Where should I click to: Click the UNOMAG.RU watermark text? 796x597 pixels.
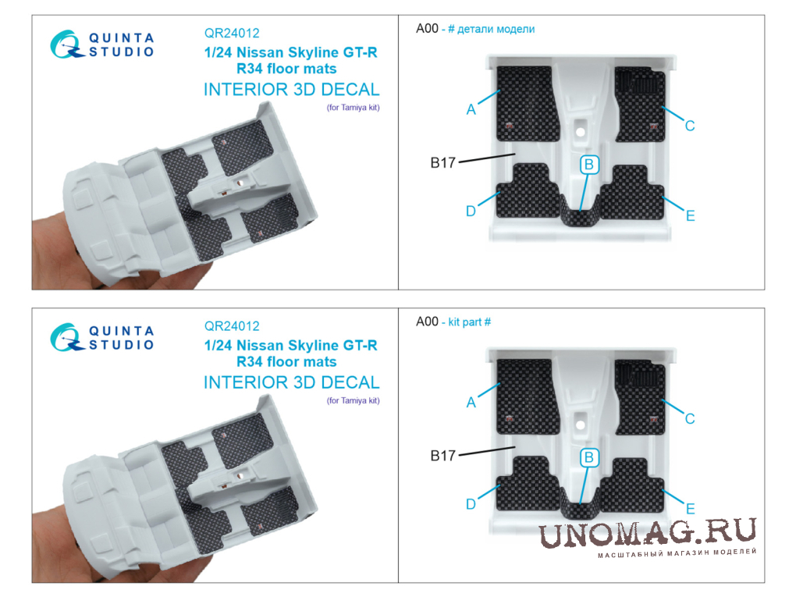click(647, 533)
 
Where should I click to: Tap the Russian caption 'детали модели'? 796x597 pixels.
click(496, 29)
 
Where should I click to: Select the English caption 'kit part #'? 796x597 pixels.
click(470, 322)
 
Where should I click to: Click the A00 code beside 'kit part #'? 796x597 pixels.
click(427, 322)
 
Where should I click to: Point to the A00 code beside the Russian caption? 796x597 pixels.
click(427, 28)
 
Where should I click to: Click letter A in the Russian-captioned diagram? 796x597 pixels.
click(471, 109)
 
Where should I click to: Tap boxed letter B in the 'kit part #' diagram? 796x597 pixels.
click(589, 457)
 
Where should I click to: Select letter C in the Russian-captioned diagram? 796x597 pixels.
click(689, 126)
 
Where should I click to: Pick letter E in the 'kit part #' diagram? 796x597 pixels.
click(690, 509)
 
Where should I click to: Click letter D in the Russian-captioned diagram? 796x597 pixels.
click(471, 211)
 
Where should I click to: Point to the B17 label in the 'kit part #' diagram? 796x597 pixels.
click(443, 456)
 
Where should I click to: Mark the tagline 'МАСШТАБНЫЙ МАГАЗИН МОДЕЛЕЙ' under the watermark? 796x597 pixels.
click(677, 553)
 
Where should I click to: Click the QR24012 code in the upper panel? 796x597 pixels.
click(232, 33)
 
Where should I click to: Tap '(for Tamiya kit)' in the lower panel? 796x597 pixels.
click(354, 400)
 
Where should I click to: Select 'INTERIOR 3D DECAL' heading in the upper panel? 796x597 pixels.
click(291, 89)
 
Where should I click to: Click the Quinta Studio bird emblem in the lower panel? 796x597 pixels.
click(66, 337)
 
